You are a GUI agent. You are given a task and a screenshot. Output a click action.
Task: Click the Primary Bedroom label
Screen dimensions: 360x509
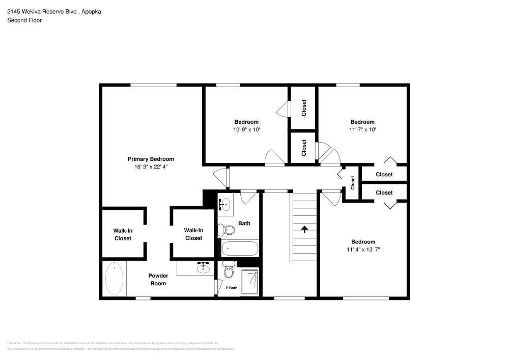pos(151,159)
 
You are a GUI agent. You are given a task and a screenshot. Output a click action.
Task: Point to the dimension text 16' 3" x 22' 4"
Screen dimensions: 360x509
pos(151,167)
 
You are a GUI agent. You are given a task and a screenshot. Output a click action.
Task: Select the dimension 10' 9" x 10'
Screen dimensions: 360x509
pos(246,129)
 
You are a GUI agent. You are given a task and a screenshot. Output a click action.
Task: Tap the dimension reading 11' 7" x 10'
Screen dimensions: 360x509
pos(362,129)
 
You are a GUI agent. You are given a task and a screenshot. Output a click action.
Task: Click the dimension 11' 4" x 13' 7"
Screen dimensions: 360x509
pos(363,250)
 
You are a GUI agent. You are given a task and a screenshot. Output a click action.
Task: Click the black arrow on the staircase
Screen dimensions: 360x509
pos(304,229)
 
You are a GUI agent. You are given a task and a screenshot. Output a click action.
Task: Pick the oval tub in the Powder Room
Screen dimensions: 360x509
pos(114,279)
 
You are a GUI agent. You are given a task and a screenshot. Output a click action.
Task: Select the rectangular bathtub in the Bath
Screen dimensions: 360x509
pos(240,249)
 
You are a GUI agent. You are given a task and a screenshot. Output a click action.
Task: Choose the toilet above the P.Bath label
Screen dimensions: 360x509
pos(228,271)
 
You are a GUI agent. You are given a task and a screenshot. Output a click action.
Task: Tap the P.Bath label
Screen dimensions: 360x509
pos(232,289)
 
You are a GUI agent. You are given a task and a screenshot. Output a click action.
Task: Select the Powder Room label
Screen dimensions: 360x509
pos(158,280)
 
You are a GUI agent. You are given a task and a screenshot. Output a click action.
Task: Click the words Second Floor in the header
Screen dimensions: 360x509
pos(24,20)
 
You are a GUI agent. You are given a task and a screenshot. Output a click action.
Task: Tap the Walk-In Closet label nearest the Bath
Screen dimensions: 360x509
pos(193,234)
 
